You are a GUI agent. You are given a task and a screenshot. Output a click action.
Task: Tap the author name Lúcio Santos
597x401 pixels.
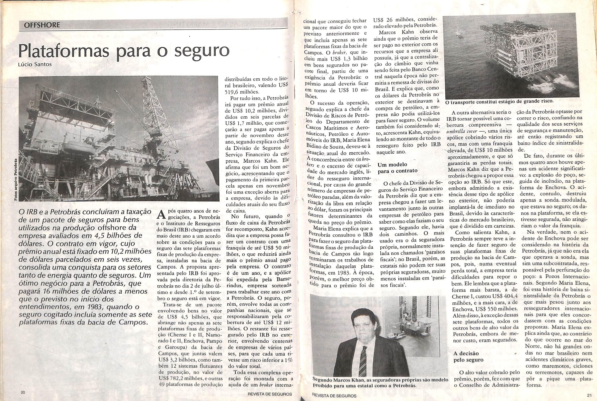click(x=35, y=65)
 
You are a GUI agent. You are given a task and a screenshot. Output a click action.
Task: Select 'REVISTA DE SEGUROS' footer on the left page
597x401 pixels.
click(x=270, y=394)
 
